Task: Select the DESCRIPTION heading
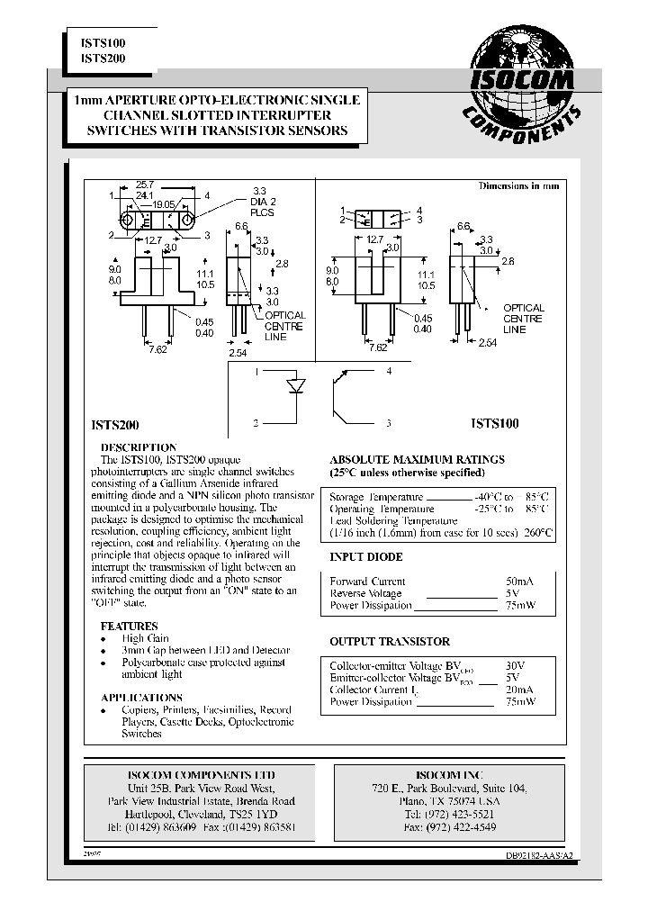point(138,447)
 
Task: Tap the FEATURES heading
point(129,626)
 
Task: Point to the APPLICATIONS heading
point(141,698)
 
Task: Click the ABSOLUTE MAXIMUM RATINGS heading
point(417,459)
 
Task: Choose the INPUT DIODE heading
point(366,556)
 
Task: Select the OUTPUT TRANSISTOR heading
point(390,642)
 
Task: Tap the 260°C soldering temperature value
point(537,532)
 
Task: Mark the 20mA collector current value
point(519,689)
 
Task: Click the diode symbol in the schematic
point(294,387)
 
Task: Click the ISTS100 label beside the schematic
point(494,422)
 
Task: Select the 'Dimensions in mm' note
point(518,185)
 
